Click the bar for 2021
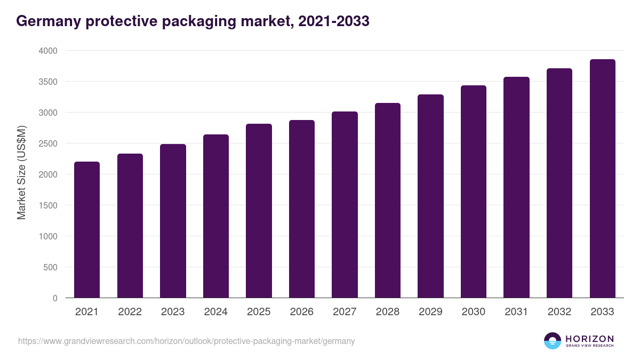click(x=86, y=229)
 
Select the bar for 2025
click(x=259, y=211)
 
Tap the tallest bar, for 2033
click(x=602, y=179)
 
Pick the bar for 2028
click(x=387, y=200)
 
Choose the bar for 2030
click(x=474, y=191)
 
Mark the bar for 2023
click(x=173, y=221)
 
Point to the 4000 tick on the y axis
click(x=47, y=51)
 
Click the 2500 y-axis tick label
click(x=47, y=143)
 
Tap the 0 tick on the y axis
click(x=55, y=298)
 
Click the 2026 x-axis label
click(x=302, y=312)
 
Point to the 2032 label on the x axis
click(x=559, y=312)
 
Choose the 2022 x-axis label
click(x=130, y=312)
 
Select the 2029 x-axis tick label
click(x=430, y=312)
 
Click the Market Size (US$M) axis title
click(x=21, y=172)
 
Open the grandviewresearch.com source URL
click(x=186, y=341)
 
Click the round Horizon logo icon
click(x=553, y=341)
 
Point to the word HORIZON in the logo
click(x=589, y=339)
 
